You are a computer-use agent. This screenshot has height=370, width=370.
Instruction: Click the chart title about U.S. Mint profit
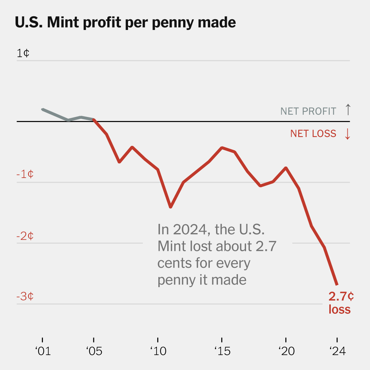click(125, 23)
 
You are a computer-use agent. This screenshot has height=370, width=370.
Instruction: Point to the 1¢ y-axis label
click(23, 53)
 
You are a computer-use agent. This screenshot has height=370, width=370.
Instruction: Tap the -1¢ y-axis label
click(25, 174)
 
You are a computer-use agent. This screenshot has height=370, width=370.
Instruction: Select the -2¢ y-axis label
click(25, 236)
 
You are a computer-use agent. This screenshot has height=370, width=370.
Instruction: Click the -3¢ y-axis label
click(25, 296)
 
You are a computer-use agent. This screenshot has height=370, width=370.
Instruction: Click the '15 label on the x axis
click(222, 351)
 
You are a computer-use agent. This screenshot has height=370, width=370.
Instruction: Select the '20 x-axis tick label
click(286, 351)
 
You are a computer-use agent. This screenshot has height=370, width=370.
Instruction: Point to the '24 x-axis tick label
click(337, 351)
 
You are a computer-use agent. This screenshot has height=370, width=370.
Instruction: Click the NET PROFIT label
click(308, 111)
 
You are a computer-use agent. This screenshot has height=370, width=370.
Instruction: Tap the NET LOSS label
click(313, 134)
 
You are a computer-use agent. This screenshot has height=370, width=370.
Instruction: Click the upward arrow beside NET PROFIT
click(347, 110)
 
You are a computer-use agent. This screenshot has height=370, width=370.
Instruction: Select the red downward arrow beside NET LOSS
click(347, 134)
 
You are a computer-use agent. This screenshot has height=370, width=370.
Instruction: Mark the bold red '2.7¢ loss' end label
click(340, 303)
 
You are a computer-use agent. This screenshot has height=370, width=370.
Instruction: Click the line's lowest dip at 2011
click(171, 207)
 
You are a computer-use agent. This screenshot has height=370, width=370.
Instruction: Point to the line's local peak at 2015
click(222, 148)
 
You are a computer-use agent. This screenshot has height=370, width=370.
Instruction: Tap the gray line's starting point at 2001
click(43, 110)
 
